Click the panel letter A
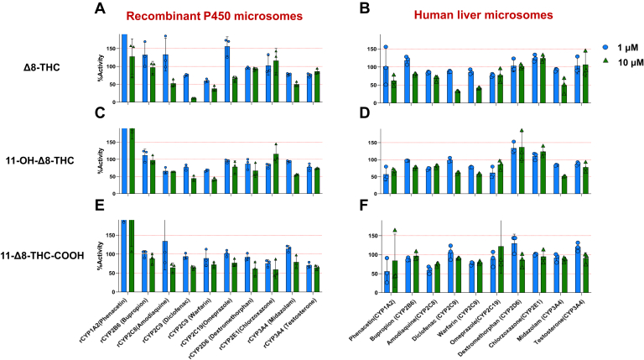tap(100, 9)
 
